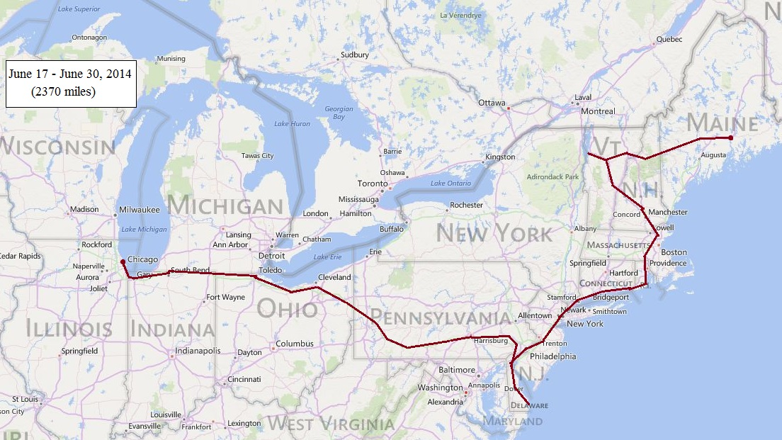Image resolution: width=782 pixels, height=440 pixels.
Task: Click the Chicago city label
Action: [x=142, y=259]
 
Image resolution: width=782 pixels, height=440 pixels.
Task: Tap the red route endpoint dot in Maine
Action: [x=730, y=137]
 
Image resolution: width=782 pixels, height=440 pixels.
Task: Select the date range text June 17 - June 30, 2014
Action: [x=69, y=74]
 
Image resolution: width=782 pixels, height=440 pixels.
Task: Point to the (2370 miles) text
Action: [x=63, y=91]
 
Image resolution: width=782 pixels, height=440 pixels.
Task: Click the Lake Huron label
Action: [x=292, y=124]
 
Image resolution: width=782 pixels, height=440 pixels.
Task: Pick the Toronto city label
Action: [x=373, y=184]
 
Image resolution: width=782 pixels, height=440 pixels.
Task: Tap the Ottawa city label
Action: [x=492, y=103]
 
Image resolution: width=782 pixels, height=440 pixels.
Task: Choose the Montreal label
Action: [x=598, y=111]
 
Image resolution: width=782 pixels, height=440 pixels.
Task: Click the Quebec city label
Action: [x=669, y=40]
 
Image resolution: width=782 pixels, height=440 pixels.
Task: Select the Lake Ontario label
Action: [x=450, y=184]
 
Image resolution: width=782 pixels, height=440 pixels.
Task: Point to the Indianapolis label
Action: [x=198, y=351]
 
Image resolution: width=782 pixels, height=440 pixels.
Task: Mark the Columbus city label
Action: [x=294, y=344]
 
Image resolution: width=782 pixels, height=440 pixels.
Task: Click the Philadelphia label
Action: [x=552, y=356]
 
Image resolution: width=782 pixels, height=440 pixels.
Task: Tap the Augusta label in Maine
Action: [x=713, y=154]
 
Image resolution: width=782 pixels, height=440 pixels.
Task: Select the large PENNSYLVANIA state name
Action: [x=440, y=317]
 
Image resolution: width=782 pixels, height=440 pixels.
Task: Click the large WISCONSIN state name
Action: [x=58, y=147]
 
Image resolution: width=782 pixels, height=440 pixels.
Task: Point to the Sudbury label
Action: [x=355, y=55]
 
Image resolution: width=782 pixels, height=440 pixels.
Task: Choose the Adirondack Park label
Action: [x=552, y=176]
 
